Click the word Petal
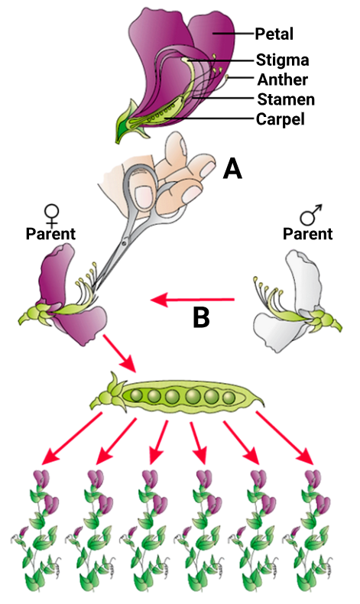coord(274,34)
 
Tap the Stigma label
coord(283,60)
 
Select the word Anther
coord(283,80)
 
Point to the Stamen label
coord(286,99)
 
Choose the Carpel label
coord(281,119)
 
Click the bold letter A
coord(233,169)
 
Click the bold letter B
coord(201,317)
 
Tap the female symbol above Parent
coord(52,215)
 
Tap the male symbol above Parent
coord(311,215)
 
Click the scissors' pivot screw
coord(124,243)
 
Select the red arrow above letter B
coord(193,299)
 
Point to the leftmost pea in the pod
coord(136,395)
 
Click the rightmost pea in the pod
coord(229,397)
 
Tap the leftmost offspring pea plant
coord(36,531)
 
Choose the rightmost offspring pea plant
coord(307,531)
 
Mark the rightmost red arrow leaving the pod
coord(285,438)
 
